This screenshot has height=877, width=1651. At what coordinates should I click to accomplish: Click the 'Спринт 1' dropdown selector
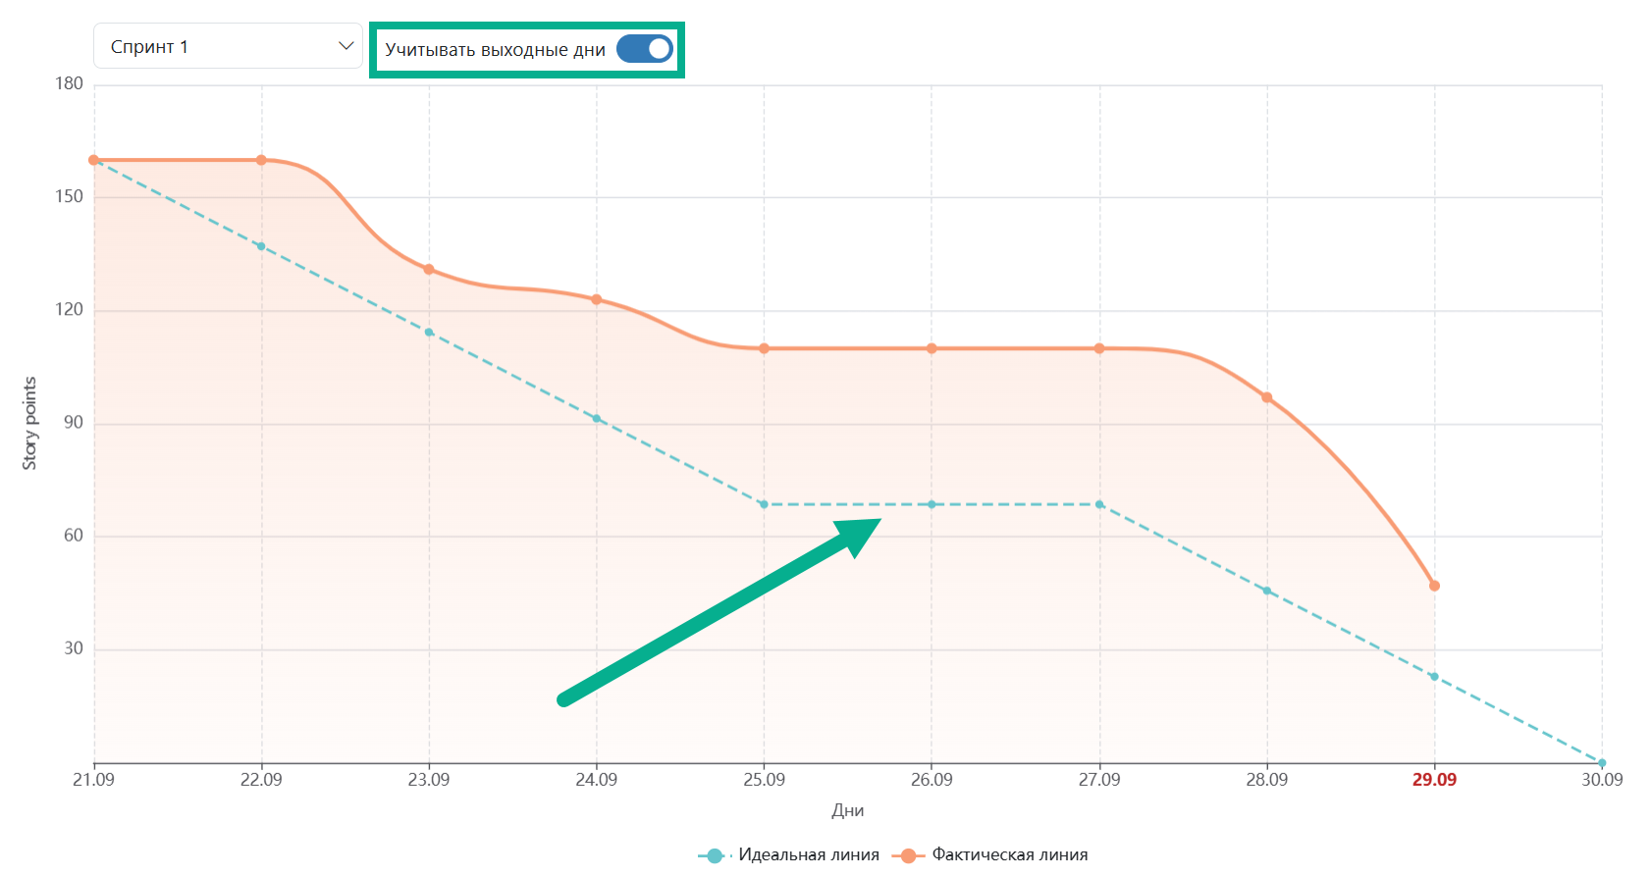pyautogui.click(x=228, y=46)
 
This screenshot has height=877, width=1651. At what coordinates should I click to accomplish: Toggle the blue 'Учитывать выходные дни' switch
pyautogui.click(x=645, y=49)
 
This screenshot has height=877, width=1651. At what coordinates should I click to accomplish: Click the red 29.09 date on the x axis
pyautogui.click(x=1434, y=779)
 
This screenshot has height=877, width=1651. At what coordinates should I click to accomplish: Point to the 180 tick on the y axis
pyautogui.click(x=69, y=83)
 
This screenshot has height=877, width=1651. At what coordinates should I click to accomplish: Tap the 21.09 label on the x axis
pyautogui.click(x=93, y=779)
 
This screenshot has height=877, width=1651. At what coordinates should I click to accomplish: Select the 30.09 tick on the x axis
pyautogui.click(x=1602, y=779)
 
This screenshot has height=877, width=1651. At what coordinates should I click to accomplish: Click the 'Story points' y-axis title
pyautogui.click(x=29, y=424)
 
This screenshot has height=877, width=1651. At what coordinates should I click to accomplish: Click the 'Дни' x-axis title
pyautogui.click(x=848, y=810)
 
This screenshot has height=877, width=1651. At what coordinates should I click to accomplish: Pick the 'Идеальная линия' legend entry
pyautogui.click(x=788, y=854)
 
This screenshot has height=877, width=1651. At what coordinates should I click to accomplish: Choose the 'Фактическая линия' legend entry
pyautogui.click(x=989, y=854)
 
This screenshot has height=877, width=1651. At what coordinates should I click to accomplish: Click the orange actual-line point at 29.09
pyautogui.click(x=1434, y=587)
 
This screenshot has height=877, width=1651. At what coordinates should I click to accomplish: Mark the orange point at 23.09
pyautogui.click(x=429, y=270)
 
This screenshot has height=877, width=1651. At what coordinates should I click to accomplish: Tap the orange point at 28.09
pyautogui.click(x=1267, y=397)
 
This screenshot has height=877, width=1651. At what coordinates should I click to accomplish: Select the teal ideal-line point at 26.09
pyautogui.click(x=932, y=504)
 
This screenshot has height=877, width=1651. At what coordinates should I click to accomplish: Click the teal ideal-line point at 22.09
pyautogui.click(x=262, y=246)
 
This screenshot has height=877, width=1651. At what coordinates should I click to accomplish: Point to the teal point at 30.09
pyautogui.click(x=1602, y=762)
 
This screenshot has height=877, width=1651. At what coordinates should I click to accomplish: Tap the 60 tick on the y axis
pyautogui.click(x=73, y=536)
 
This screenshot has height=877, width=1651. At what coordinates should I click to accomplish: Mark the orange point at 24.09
pyautogui.click(x=596, y=300)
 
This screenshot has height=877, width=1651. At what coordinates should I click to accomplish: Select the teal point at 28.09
pyautogui.click(x=1267, y=591)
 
